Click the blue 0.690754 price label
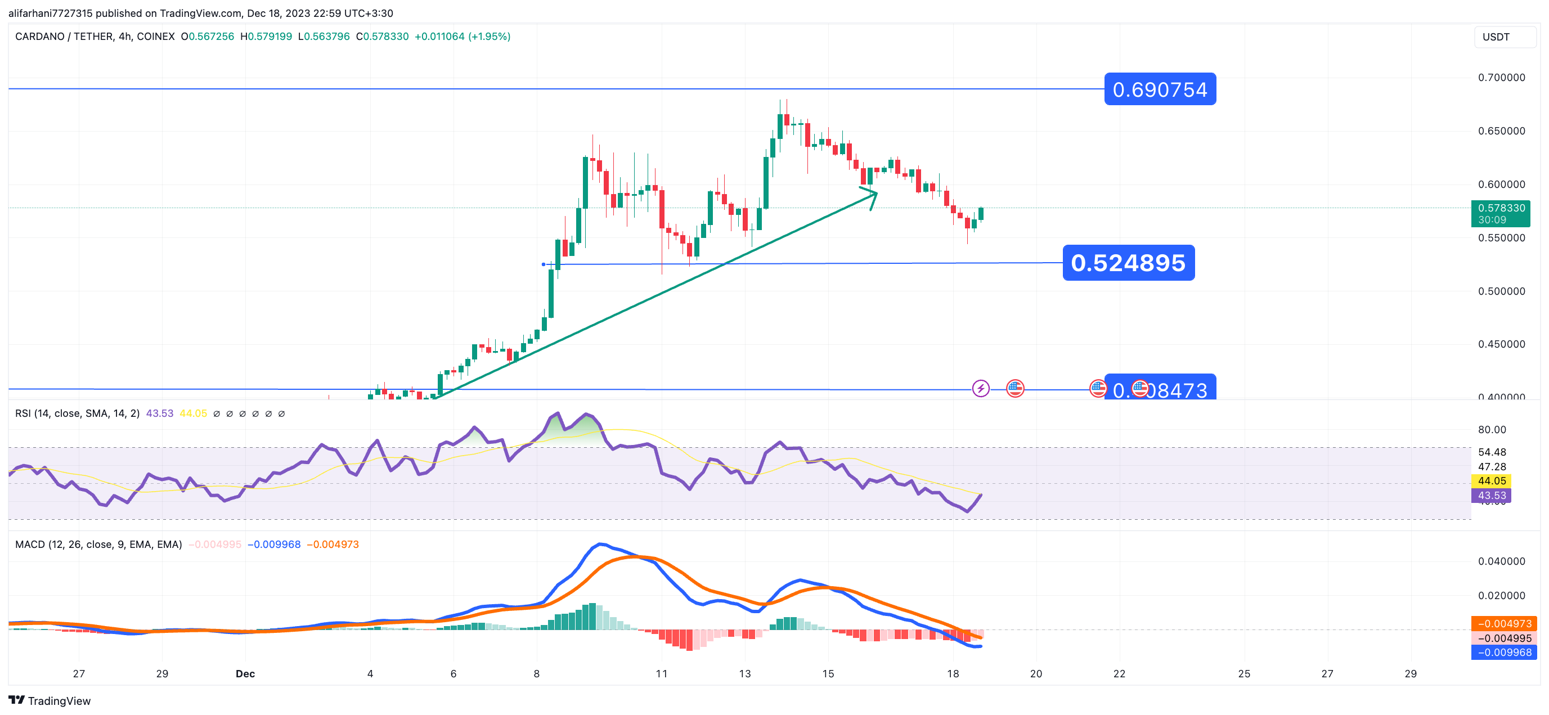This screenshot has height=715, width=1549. [x=1159, y=89]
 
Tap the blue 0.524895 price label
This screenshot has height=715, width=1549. [x=1128, y=263]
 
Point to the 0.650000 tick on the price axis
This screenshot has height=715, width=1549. [x=1501, y=131]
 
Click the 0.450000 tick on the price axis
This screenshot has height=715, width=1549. [x=1501, y=344]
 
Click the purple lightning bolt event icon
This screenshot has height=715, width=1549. [x=980, y=389]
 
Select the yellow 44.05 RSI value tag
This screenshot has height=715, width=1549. [x=1491, y=480]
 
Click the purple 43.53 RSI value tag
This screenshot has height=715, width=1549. [x=1491, y=496]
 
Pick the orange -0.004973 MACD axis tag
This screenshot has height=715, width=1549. [x=1504, y=624]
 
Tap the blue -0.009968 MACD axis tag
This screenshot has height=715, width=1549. [x=1504, y=653]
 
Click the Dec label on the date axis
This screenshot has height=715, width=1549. [x=245, y=673]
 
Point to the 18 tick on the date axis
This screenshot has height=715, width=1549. [x=953, y=673]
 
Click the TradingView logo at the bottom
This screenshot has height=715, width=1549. [x=50, y=700]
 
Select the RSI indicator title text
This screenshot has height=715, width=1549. [x=77, y=413]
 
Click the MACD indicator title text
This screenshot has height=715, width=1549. [x=98, y=544]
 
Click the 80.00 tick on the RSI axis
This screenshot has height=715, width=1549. [x=1491, y=429]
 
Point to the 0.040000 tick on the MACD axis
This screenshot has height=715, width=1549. [x=1501, y=561]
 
